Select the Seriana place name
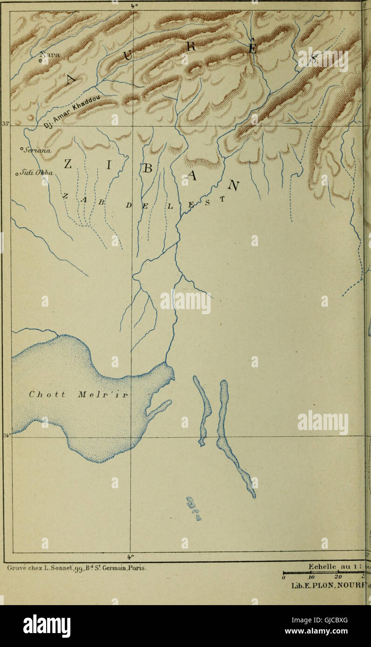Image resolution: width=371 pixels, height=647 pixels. (38, 150)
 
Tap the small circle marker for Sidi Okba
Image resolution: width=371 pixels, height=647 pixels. (17, 175)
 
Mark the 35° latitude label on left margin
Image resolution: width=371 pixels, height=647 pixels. (6, 124)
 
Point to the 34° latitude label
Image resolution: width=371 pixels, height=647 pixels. (7, 436)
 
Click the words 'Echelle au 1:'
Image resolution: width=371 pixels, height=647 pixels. (335, 566)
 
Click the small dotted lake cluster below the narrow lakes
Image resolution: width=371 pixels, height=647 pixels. (193, 509)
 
